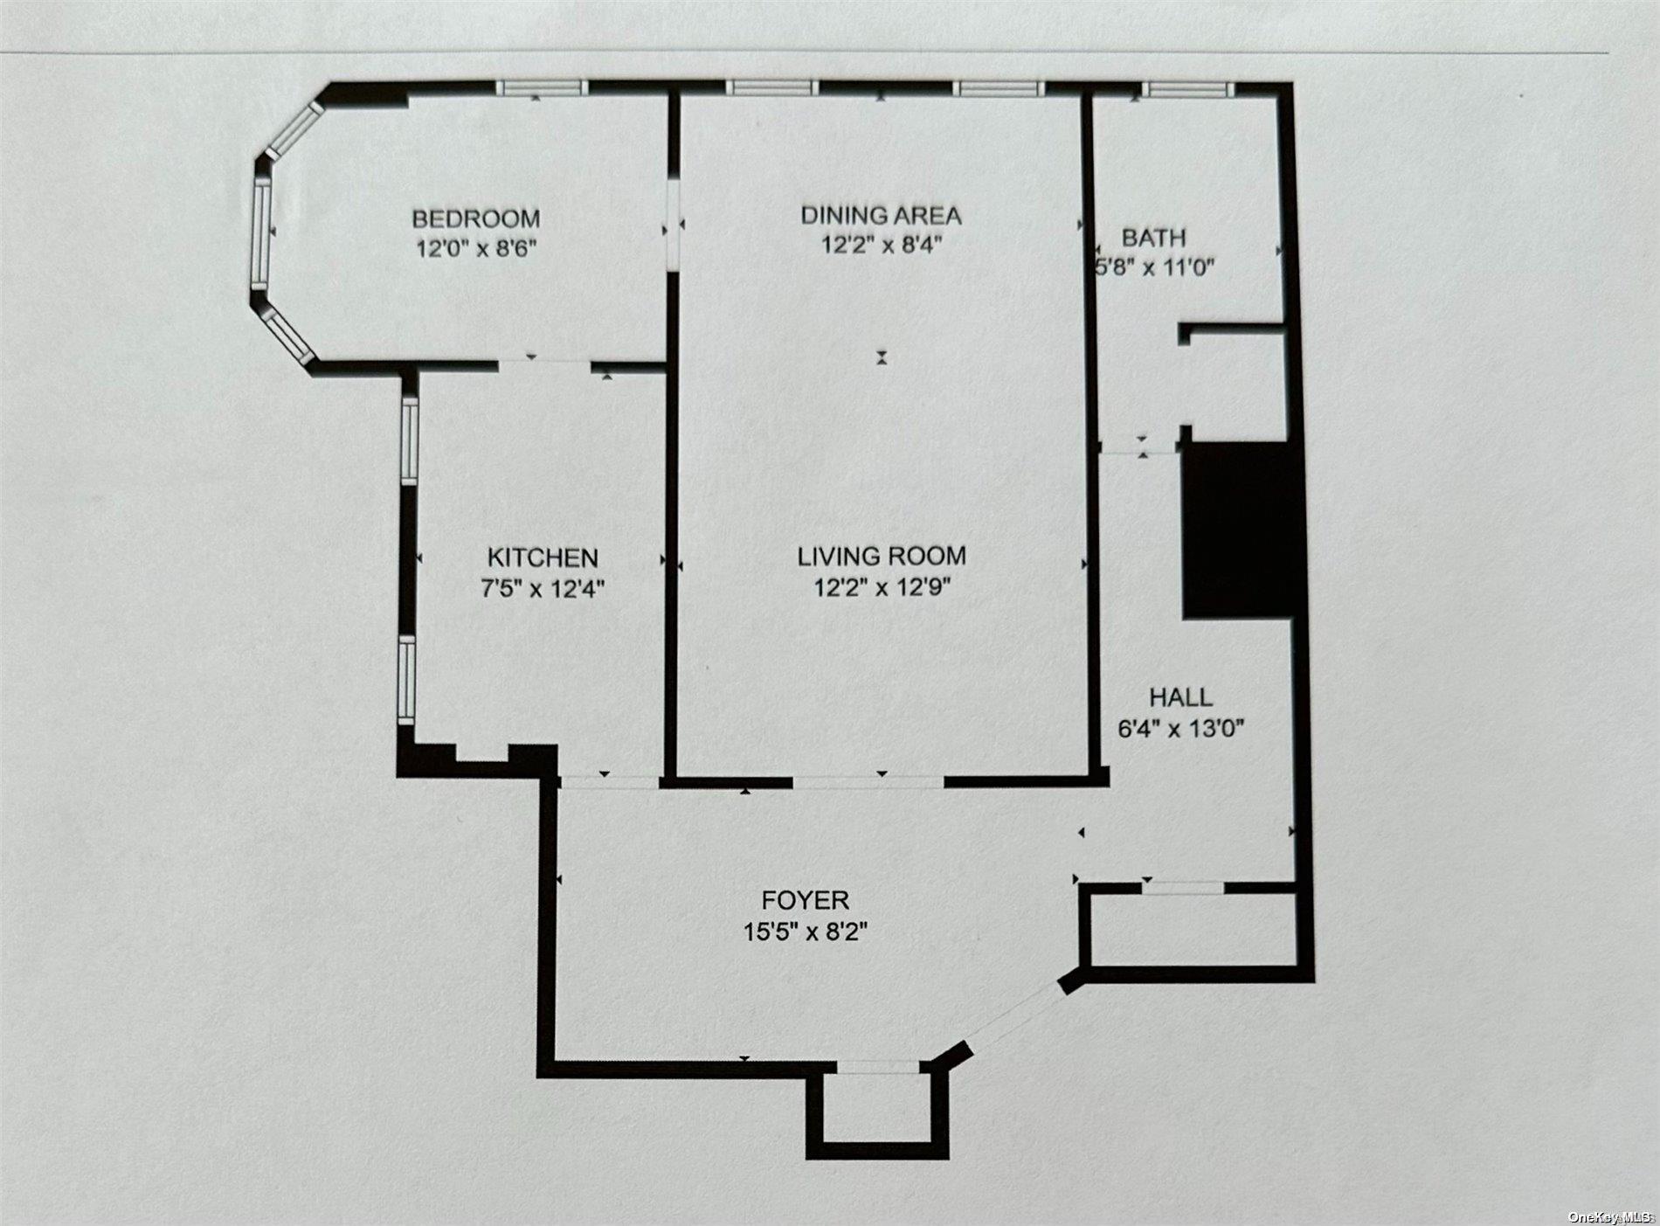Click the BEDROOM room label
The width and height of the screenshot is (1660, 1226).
pos(476,218)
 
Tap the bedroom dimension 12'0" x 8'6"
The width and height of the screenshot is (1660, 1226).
pos(476,248)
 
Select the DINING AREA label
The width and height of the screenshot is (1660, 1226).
pos(882,214)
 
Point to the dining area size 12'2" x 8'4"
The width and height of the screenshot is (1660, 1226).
pos(882,244)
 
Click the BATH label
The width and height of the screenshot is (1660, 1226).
pos(1154,237)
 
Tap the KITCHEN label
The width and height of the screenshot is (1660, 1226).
pos(543,558)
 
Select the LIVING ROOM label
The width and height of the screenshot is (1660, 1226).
pos(882,555)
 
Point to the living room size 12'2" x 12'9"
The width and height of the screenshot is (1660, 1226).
pos(882,586)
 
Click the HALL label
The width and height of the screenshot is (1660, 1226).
pos(1180,696)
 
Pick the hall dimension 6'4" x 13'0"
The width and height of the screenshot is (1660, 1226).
pos(1180,727)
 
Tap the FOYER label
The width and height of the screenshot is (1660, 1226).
pos(805,900)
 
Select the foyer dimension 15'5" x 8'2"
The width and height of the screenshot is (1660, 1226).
pos(805,932)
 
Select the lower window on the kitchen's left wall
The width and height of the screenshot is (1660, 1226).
pos(406,680)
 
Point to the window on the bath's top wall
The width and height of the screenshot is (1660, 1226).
pos(1187,88)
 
